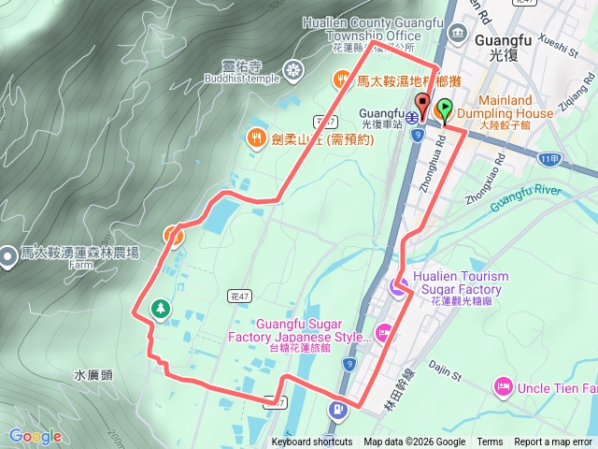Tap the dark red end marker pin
click(422, 106)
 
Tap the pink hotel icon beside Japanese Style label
click(383, 330)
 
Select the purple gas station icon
click(335, 409)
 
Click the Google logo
click(36, 436)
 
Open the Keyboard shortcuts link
click(312, 442)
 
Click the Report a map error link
click(553, 442)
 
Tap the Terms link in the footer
click(490, 442)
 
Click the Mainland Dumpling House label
click(505, 107)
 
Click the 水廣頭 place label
click(93, 375)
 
